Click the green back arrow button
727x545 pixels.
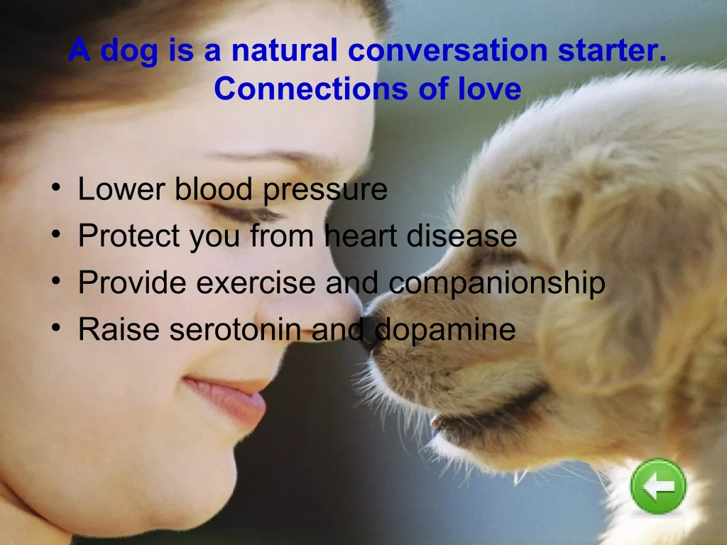(x=658, y=485)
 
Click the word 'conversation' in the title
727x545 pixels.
(x=447, y=50)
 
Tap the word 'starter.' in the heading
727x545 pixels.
(x=612, y=50)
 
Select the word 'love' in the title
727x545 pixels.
(x=490, y=88)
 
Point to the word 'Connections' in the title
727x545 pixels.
(x=311, y=88)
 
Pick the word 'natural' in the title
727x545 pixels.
(x=284, y=50)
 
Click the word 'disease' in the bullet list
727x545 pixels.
(x=461, y=236)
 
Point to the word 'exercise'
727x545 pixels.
(x=256, y=282)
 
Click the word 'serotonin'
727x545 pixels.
(x=235, y=330)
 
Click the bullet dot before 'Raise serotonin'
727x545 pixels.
(x=56, y=328)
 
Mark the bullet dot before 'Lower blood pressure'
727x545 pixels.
(x=56, y=187)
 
